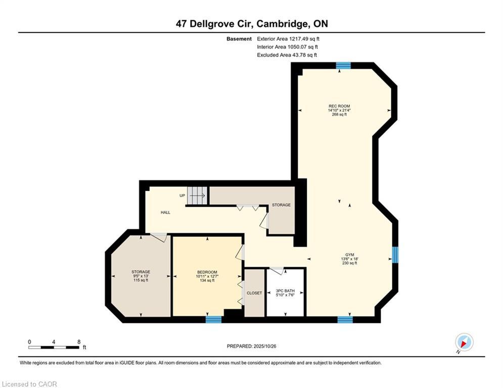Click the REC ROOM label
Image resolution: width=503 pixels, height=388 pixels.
[339, 106]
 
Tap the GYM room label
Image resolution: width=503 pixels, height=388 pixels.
[349, 255]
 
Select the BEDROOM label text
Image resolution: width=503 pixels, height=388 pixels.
[207, 272]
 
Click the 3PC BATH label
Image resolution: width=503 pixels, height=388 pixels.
[285, 291]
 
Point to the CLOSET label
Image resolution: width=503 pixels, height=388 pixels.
[254, 293]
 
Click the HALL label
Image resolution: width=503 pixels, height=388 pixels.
[165, 213]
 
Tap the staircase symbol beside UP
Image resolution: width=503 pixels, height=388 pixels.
[198, 196]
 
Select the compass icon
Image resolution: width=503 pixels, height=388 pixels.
[464, 342]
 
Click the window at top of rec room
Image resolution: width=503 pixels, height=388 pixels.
[344, 65]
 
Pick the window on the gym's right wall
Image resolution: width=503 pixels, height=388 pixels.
[395, 255]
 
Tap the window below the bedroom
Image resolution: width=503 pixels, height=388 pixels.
[213, 319]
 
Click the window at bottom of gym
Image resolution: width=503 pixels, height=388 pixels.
[345, 319]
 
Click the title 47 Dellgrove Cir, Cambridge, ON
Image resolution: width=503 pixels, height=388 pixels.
[251, 24]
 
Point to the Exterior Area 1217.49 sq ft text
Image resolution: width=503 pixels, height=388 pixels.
[288, 38]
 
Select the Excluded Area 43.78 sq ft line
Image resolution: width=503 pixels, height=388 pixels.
[287, 55]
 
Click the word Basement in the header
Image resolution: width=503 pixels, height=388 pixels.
[239, 38]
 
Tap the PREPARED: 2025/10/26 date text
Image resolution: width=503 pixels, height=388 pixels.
[252, 346]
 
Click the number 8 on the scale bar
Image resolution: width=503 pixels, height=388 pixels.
[79, 342]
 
